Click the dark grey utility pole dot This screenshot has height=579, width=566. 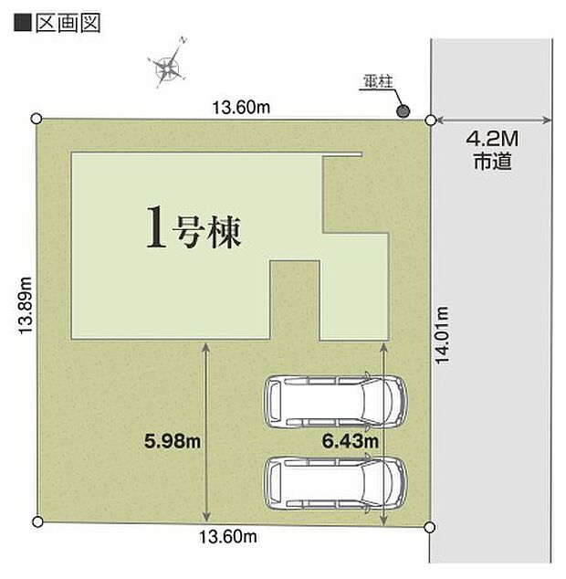(x=403, y=111)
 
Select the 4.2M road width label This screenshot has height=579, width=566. (x=492, y=141)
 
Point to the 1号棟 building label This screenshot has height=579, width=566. (x=194, y=228)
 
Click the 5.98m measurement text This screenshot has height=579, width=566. (x=173, y=441)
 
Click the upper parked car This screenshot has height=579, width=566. (x=332, y=400)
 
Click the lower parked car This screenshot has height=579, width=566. (x=332, y=481)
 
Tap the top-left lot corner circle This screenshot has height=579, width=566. (x=37, y=118)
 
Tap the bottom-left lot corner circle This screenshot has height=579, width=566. (x=37, y=521)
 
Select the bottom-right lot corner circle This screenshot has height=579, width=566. (x=431, y=527)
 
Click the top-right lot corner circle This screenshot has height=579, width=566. (x=431, y=119)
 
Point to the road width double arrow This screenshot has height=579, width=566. (x=492, y=120)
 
